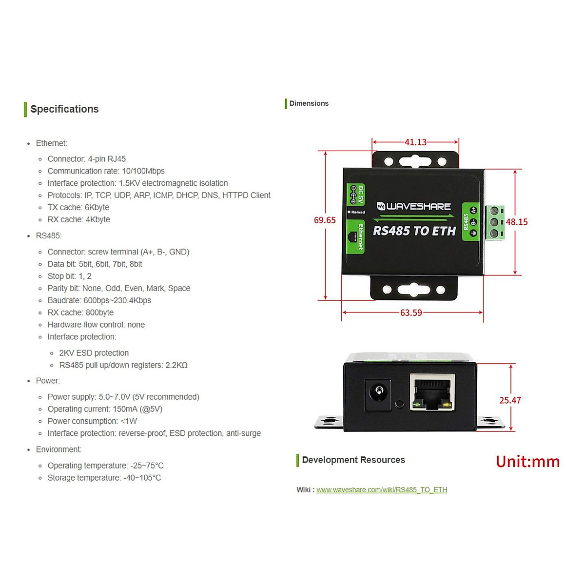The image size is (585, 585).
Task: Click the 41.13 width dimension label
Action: coord(415,142)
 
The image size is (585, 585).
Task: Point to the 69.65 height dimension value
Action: coord(325,220)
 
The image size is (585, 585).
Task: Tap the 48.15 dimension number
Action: coord(516,222)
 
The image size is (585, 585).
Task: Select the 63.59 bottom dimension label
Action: coord(411,312)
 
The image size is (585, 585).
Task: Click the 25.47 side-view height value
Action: coord(510,400)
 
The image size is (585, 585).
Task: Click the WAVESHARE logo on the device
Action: coord(413,206)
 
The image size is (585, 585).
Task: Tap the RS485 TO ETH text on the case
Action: coord(414,231)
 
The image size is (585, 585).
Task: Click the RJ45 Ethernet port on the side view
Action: coord(432,392)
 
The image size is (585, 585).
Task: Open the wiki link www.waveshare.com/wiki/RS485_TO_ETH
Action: coord(382,489)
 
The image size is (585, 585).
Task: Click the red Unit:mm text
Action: coord(527,462)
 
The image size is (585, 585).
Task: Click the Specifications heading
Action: coord(64,109)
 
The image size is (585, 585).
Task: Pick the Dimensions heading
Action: coord(309,103)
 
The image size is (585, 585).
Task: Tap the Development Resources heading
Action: coord(353,460)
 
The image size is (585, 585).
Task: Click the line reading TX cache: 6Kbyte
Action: coord(78,207)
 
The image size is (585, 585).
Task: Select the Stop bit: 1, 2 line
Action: coord(69,276)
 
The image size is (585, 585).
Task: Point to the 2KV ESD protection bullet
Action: coord(94,353)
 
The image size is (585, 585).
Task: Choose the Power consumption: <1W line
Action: coord(92,421)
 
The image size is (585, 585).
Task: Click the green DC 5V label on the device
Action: coord(356,195)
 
